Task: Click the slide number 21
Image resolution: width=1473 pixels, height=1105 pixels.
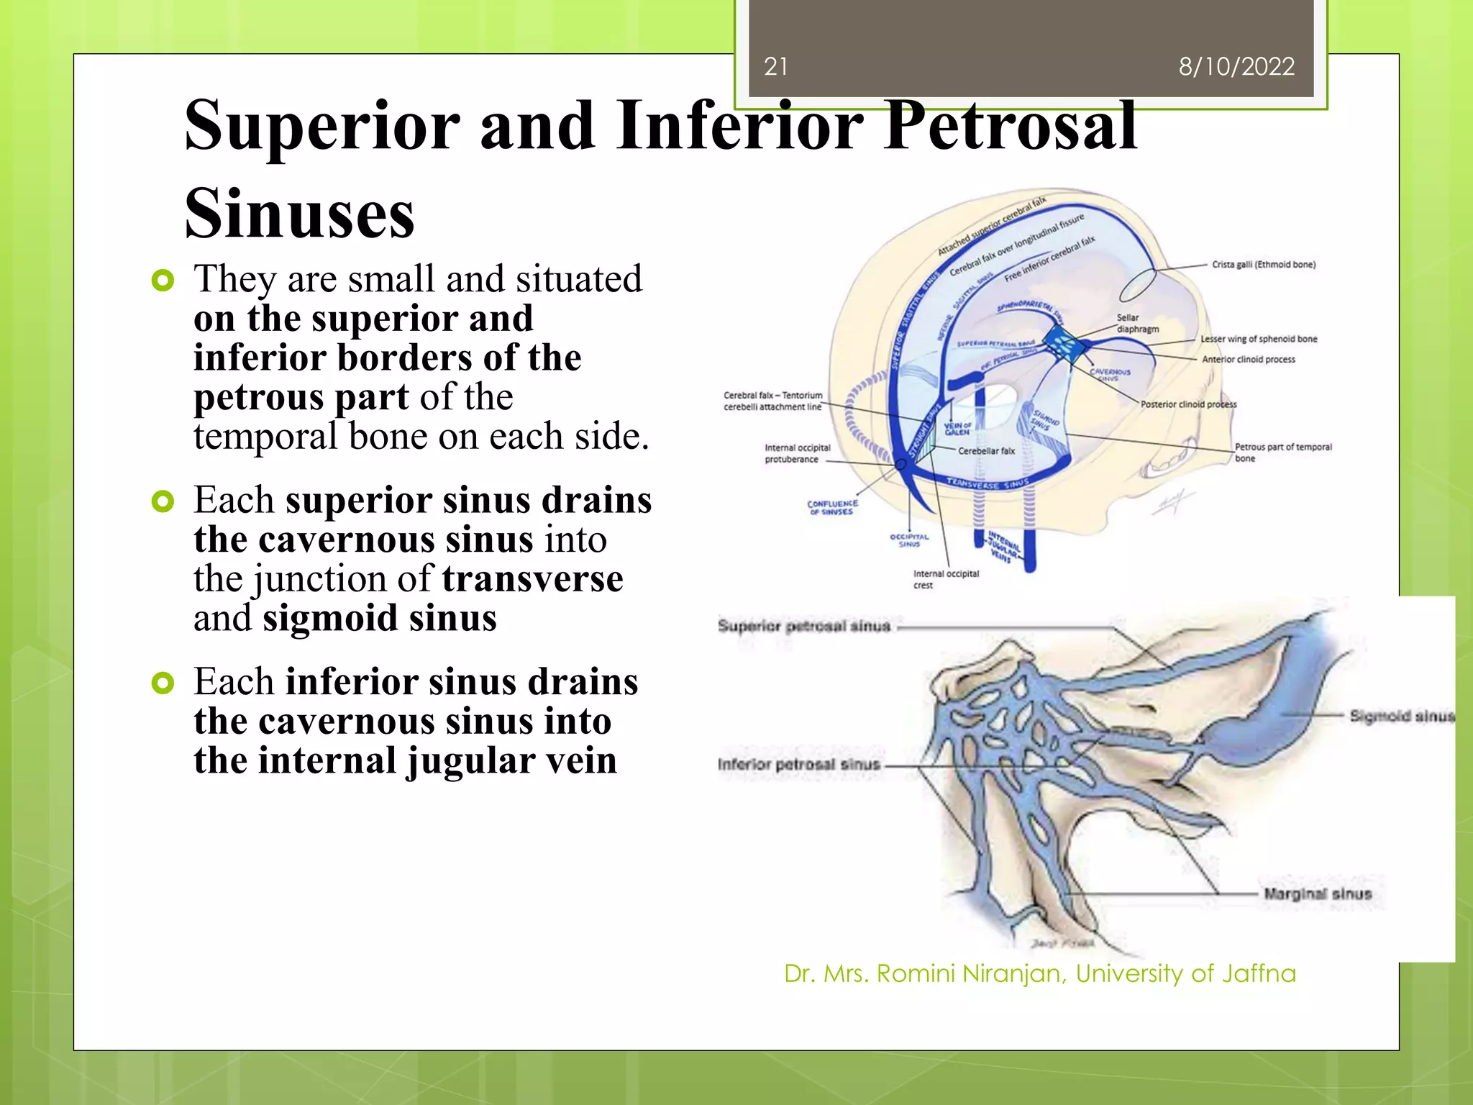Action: pyautogui.click(x=775, y=67)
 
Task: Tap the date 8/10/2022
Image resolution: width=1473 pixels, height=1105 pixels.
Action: pyautogui.click(x=1236, y=67)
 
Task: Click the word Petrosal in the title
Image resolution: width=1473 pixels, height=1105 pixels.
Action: pyautogui.click(x=1010, y=127)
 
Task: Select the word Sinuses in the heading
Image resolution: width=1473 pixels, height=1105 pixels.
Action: pyautogui.click(x=299, y=214)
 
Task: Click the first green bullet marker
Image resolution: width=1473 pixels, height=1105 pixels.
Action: pyautogui.click(x=163, y=281)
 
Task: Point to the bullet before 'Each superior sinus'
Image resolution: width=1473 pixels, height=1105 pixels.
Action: pyautogui.click(x=163, y=501)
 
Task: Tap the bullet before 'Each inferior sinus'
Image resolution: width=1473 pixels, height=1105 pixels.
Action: pyautogui.click(x=163, y=683)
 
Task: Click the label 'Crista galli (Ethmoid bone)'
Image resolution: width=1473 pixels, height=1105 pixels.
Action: pyautogui.click(x=1263, y=265)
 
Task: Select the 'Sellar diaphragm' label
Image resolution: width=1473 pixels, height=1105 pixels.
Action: pyautogui.click(x=1137, y=323)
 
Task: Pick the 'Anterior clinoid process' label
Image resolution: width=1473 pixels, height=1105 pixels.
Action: pyautogui.click(x=1248, y=360)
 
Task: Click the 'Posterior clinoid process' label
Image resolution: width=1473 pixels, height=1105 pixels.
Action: pyautogui.click(x=1188, y=404)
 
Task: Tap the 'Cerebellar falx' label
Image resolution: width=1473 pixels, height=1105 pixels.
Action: pyautogui.click(x=986, y=451)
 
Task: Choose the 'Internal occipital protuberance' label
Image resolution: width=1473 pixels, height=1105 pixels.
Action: pyautogui.click(x=797, y=453)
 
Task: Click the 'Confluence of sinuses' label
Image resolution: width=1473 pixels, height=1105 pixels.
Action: pyautogui.click(x=832, y=508)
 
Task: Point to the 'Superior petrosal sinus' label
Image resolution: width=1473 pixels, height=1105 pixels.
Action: pyautogui.click(x=803, y=627)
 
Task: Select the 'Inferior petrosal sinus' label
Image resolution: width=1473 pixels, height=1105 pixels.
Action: pyautogui.click(x=798, y=765)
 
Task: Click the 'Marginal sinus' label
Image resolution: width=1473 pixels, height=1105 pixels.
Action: pyautogui.click(x=1318, y=894)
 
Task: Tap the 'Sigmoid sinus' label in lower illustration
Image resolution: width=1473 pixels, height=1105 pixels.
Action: pyautogui.click(x=1401, y=716)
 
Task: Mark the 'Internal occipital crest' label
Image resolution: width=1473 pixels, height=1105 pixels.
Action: pyautogui.click(x=945, y=579)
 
